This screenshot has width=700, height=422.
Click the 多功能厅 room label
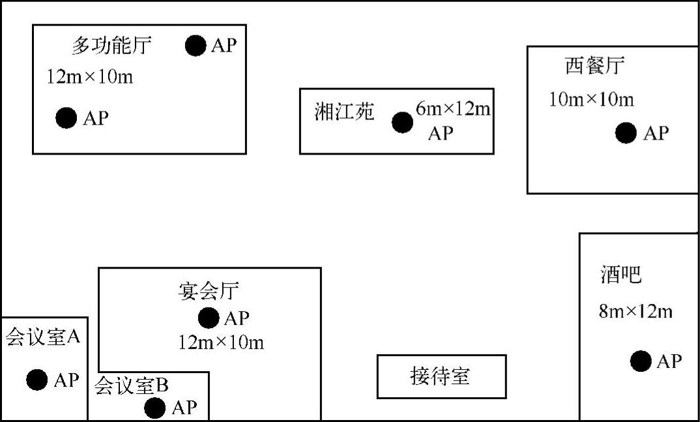(111, 46)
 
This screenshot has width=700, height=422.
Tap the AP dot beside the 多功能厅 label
(196, 46)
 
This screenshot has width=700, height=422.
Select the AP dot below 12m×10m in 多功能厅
(66, 118)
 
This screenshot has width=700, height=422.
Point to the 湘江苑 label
(344, 112)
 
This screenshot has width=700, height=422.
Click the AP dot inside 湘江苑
(402, 122)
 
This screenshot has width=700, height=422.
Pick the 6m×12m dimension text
(453, 110)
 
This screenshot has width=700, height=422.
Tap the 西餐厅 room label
(594, 66)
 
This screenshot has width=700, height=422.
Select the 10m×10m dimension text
(591, 100)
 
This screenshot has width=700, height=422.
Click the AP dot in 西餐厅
(626, 133)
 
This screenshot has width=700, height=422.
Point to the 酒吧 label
(620, 275)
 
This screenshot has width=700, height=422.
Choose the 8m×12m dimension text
(635, 311)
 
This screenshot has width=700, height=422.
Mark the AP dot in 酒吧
(641, 361)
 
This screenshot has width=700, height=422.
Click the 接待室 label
(441, 376)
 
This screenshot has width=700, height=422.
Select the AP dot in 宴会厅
(209, 318)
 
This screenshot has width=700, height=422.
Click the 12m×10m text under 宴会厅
(221, 342)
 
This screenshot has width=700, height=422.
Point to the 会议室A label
(43, 337)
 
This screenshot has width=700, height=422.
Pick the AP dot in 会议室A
(36, 380)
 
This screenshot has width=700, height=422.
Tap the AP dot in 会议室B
(154, 408)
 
